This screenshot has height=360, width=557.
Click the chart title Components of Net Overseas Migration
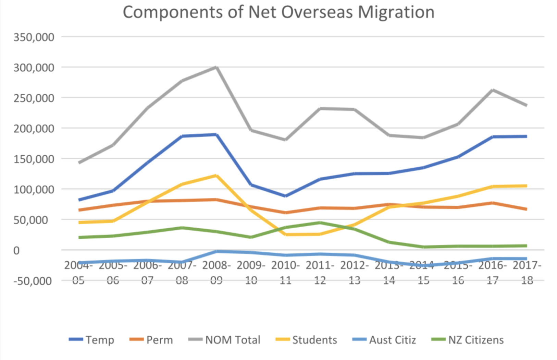tap(278, 12)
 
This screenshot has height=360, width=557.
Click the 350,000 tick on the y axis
tap(34, 37)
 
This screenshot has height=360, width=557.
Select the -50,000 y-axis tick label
tap(33, 281)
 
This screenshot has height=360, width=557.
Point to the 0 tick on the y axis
tap(16, 251)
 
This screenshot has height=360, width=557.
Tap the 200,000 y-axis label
tap(34, 129)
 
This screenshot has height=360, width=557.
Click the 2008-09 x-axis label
tap(216, 273)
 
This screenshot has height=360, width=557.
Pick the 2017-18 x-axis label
tap(527, 273)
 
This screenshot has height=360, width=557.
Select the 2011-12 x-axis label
tap(320, 273)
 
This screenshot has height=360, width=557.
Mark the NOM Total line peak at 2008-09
tap(216, 67)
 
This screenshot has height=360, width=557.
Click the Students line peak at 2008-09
tap(216, 176)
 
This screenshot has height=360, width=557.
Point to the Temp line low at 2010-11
tap(285, 196)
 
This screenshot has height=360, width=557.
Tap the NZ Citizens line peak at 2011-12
tap(320, 223)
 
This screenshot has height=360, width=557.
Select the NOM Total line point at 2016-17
tap(493, 90)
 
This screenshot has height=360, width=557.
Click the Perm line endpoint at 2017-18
tap(526, 209)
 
